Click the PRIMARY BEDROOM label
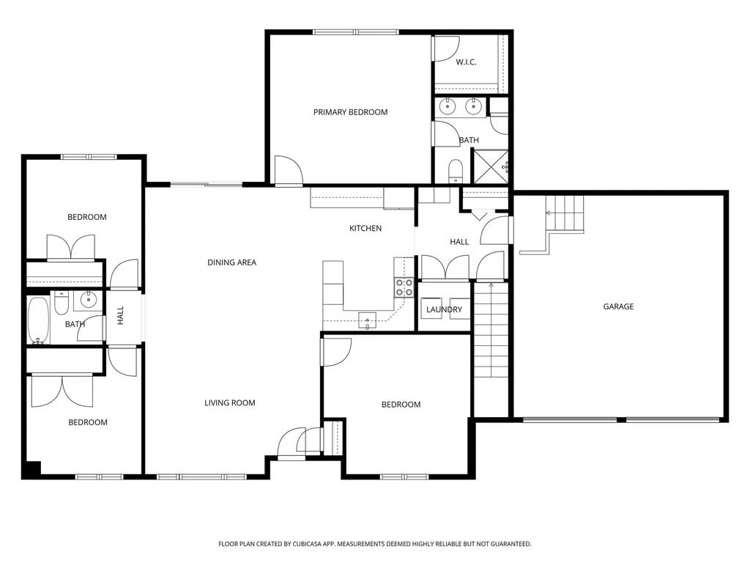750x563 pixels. pyautogui.click(x=350, y=112)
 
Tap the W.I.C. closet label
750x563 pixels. pyautogui.click(x=467, y=62)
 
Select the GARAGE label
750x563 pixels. pyautogui.click(x=618, y=306)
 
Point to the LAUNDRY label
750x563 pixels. pyautogui.click(x=445, y=310)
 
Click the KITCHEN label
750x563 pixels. pyautogui.click(x=365, y=229)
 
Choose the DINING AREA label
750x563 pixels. pyautogui.click(x=231, y=262)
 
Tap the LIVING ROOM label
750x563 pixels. pyautogui.click(x=229, y=403)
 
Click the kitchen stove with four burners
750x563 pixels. pyautogui.click(x=404, y=287)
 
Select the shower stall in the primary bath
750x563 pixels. pyautogui.click(x=491, y=166)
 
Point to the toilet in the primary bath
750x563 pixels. pyautogui.click(x=455, y=171)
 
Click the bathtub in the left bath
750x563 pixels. pyautogui.click(x=38, y=320)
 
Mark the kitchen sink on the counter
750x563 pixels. pyautogui.click(x=367, y=319)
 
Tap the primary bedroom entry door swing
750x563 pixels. pyautogui.click(x=287, y=171)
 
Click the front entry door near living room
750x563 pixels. pyautogui.click(x=292, y=444)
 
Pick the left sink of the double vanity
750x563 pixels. pyautogui.click(x=448, y=107)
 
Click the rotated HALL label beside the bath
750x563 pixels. pyautogui.click(x=121, y=315)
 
